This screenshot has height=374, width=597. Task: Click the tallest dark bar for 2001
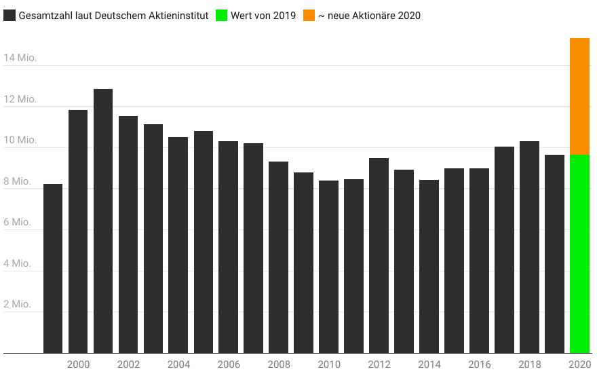(103, 221)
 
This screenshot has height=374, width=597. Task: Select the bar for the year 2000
(78, 231)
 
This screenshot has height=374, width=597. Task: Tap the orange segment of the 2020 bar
(579, 96)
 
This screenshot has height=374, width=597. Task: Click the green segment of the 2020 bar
(579, 254)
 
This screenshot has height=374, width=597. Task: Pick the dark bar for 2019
(554, 254)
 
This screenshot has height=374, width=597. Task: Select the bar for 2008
(278, 257)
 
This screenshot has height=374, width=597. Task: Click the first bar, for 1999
(53, 268)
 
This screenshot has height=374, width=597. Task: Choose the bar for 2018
(529, 247)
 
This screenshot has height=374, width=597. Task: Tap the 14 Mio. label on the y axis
(20, 58)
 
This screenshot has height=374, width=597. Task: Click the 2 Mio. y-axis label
(17, 304)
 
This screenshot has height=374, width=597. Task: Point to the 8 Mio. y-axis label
(17, 181)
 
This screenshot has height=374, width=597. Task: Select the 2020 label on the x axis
(580, 364)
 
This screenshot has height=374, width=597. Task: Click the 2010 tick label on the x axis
(329, 364)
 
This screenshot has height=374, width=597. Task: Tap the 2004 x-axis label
(178, 364)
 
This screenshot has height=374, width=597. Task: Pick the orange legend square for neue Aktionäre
(308, 15)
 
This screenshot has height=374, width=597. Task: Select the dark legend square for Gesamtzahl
(9, 15)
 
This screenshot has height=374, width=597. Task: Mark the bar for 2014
(429, 266)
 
